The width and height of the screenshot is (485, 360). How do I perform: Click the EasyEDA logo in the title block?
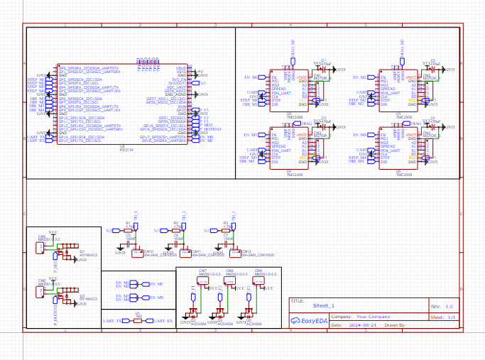307,321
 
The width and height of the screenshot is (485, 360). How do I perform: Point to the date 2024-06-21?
366,324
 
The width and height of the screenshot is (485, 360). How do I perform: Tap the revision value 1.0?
449,306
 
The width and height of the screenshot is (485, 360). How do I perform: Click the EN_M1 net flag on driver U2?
252,77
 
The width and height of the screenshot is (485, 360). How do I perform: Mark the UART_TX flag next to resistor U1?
113,321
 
